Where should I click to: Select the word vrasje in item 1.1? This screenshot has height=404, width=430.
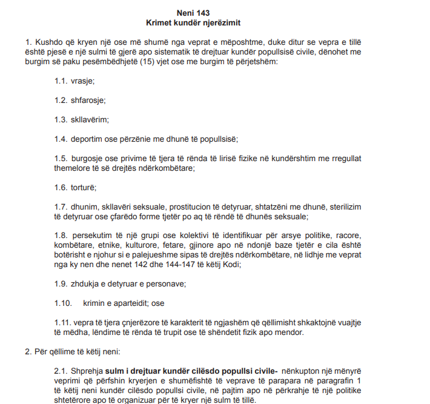[x=83, y=81]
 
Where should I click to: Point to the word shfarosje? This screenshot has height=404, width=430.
[x=88, y=100]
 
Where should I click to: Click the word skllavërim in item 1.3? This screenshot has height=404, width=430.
[x=90, y=119]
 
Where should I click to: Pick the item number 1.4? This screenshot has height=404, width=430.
[x=60, y=139]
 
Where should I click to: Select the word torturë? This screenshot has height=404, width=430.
[x=84, y=187]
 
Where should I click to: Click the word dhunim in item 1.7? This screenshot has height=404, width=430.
[x=85, y=207]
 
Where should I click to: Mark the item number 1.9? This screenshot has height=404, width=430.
[x=60, y=284]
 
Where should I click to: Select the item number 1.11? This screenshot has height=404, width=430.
[x=62, y=323]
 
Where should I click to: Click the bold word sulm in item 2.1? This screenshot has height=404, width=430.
[x=115, y=371]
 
